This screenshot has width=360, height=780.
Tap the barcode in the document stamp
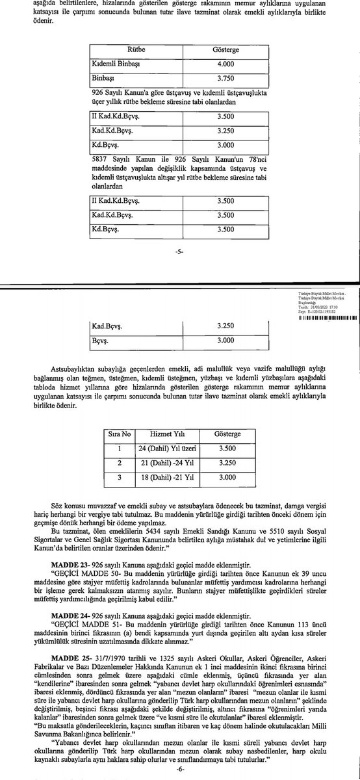(x=325, y=318)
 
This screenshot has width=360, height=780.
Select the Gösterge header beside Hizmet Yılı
(x=227, y=415)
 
